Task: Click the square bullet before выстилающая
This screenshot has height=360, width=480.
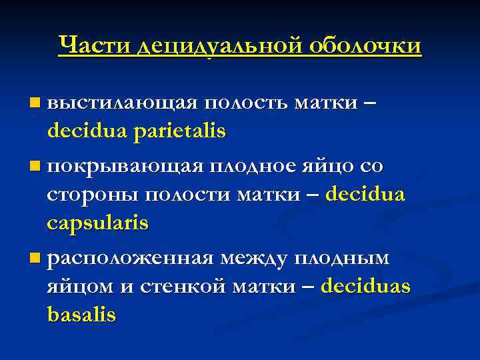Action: click(x=35, y=104)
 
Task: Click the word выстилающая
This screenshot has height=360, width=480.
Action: click(x=123, y=103)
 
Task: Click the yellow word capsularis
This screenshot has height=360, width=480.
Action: click(x=97, y=223)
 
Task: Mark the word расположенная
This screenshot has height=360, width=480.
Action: click(x=132, y=257)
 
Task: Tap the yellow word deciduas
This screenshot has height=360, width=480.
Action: click(x=365, y=286)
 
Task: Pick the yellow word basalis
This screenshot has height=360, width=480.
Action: click(x=81, y=314)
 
